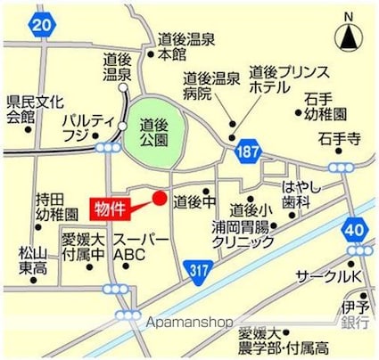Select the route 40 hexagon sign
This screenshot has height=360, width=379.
click(355, 230)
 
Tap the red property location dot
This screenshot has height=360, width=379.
click(160, 198)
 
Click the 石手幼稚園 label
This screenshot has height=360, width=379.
click(329, 106)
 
